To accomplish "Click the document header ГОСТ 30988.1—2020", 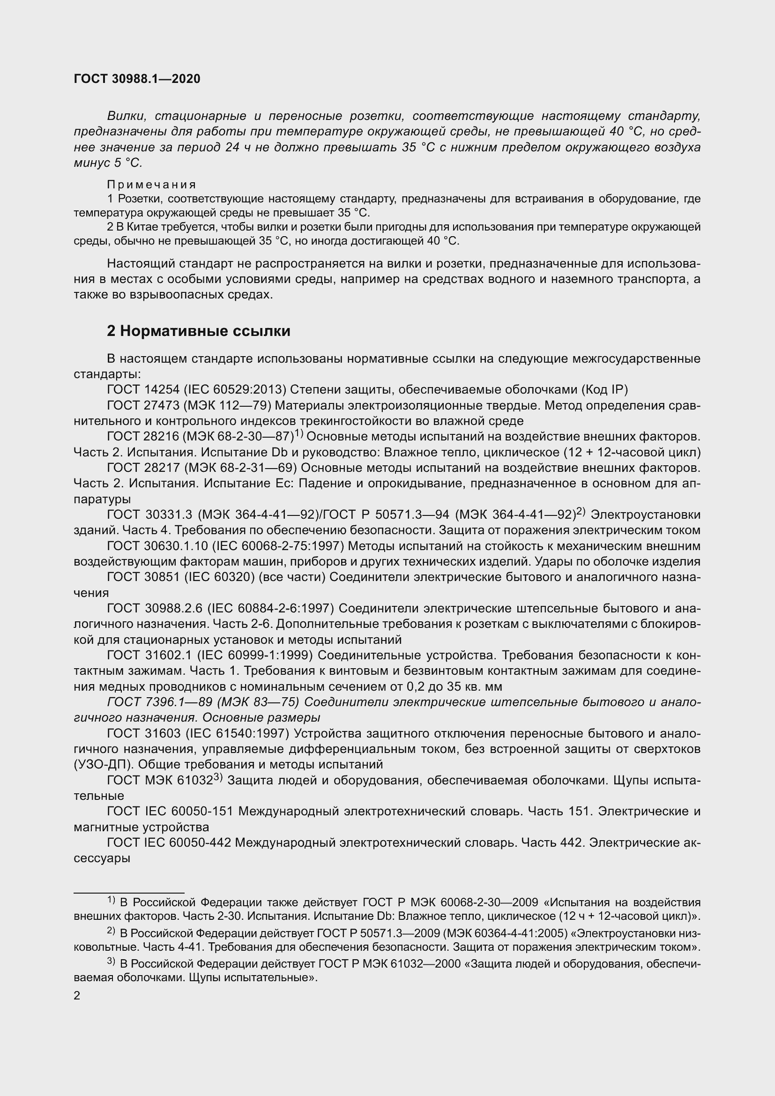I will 137,79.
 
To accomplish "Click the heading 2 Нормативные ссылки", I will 199,331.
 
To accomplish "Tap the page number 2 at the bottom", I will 77,996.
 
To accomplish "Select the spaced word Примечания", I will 152,184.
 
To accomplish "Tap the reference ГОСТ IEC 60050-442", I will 170,843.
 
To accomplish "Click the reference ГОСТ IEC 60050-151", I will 170,811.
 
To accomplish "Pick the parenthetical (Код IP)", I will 604,389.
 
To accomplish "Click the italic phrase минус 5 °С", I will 108,163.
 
